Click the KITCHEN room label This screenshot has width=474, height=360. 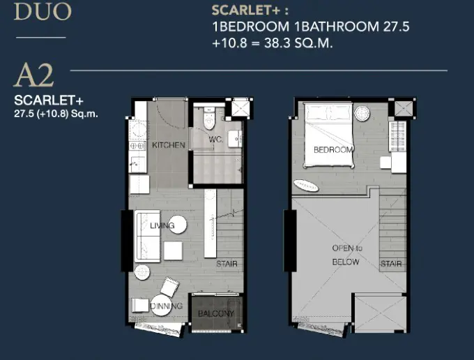click(169, 145)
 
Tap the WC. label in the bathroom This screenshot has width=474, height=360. click(216, 140)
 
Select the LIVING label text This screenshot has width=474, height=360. click(162, 225)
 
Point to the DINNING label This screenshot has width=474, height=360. click(167, 306)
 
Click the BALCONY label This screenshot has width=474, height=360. click(216, 314)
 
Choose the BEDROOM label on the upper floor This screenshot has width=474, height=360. click(333, 149)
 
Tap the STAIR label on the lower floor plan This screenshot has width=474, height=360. click(227, 264)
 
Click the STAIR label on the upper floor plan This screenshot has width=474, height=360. click(391, 264)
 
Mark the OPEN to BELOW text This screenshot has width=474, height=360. click(346, 255)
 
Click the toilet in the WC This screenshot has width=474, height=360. click(208, 119)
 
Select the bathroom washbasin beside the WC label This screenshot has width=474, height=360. click(235, 139)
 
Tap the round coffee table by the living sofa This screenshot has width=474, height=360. click(178, 225)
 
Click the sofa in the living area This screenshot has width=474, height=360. click(147, 237)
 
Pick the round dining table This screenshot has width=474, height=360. click(160, 306)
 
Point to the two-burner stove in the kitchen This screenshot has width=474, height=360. click(137, 146)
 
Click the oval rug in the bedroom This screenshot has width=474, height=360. click(306, 186)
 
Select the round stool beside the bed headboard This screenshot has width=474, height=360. click(362, 114)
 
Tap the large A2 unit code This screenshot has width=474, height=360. click(34, 75)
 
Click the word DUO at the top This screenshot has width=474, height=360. click(43, 11)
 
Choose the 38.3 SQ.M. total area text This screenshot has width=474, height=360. click(298, 43)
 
